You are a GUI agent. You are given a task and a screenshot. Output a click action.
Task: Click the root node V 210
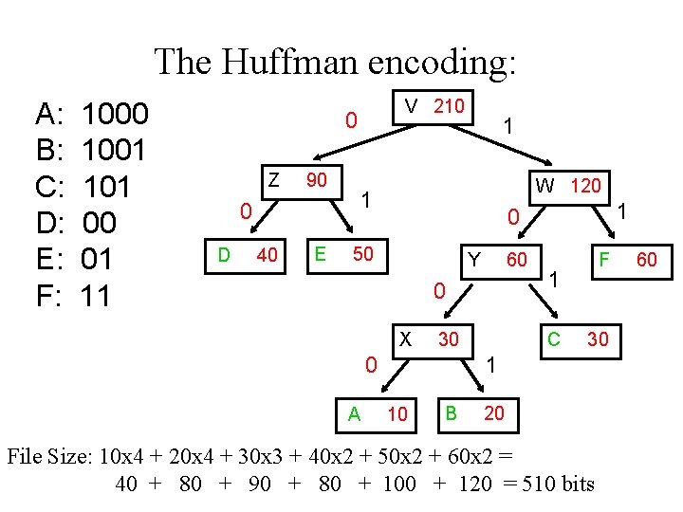434,106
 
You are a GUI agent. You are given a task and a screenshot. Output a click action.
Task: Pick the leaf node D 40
248,254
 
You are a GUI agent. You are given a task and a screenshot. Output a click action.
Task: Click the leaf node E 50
347,254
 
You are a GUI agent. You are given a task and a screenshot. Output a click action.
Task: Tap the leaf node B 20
474,412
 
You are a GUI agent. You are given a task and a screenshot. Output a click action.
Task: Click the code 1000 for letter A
115,115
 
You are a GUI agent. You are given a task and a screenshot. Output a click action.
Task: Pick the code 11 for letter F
96,296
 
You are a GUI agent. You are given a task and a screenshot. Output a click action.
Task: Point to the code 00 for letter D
100,223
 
